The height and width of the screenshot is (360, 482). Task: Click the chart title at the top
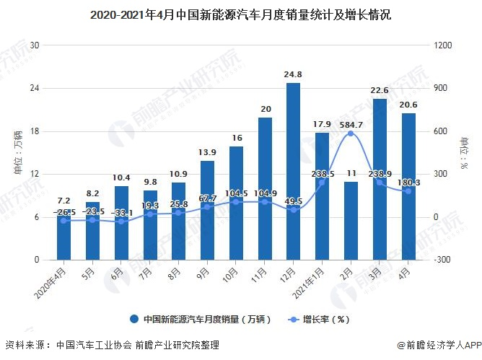[x=241, y=14]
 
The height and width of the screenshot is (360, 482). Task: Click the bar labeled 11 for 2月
[x=351, y=221]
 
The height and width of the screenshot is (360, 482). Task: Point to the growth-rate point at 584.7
[x=351, y=133]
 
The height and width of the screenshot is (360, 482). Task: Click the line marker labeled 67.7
[x=208, y=207]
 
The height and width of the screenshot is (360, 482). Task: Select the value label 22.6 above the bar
[x=380, y=90]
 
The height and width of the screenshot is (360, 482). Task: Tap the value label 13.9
[x=208, y=152]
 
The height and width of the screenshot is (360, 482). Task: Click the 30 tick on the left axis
[x=33, y=45]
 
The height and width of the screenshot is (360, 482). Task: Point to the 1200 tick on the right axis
[x=442, y=45]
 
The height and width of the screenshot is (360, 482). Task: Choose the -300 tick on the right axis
[x=442, y=260]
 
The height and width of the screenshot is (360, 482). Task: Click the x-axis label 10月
[x=232, y=274]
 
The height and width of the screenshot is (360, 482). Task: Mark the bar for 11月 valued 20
[x=265, y=188]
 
